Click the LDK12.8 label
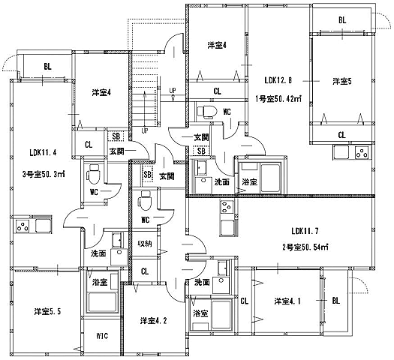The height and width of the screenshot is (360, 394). [x=278, y=80]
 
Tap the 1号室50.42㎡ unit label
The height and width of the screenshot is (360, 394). [x=278, y=99]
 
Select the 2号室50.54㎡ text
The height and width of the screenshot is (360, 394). [x=305, y=247]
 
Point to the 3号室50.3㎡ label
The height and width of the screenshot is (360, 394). [x=44, y=174]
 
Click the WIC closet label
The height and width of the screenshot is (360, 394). [x=102, y=336]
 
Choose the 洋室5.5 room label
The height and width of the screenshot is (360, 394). [x=47, y=311]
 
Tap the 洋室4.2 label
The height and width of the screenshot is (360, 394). [x=153, y=320]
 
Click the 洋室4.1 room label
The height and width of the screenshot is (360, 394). [x=287, y=301]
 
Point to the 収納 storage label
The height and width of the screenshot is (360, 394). [x=145, y=243]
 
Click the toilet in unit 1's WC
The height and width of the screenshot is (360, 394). [x=207, y=112]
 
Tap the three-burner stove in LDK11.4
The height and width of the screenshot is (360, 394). [x=23, y=226]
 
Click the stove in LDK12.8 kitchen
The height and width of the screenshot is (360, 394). [x=362, y=153]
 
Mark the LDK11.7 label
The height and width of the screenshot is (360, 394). [x=305, y=231]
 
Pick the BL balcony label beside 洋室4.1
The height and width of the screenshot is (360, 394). [x=336, y=301]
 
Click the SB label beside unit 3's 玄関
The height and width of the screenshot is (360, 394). [x=116, y=136]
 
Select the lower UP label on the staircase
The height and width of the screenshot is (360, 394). [x=145, y=130]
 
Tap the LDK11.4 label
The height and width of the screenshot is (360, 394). [x=43, y=152]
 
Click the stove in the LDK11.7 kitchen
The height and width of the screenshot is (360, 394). [x=227, y=206]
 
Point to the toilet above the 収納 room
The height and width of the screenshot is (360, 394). [x=146, y=200]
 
